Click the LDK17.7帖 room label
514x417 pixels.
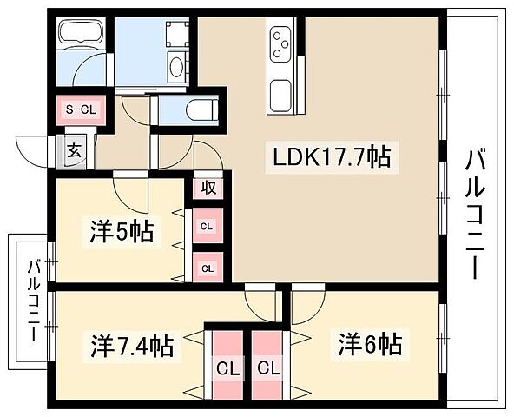tap(332, 158)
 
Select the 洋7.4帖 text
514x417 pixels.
tap(130, 345)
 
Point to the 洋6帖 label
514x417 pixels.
tap(370, 345)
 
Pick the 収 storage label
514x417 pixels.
tap(209, 187)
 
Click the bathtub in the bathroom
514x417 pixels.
tap(79, 38)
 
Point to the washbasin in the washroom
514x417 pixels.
tap(175, 68)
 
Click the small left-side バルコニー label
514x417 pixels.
tap(32, 300)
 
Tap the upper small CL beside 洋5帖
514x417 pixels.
tap(208, 227)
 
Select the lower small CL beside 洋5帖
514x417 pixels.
tap(208, 268)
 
